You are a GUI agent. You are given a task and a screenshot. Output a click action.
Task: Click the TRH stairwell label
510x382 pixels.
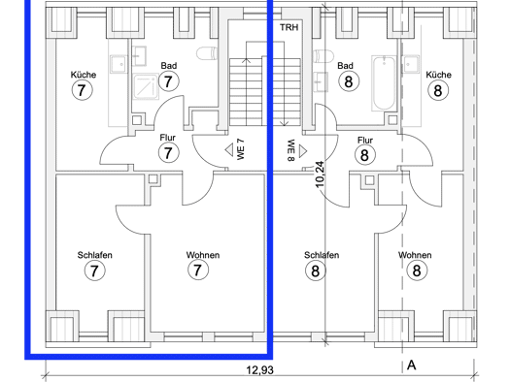pyautogui.click(x=289, y=27)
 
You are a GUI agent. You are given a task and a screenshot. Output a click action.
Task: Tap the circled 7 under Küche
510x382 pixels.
pyautogui.click(x=82, y=90)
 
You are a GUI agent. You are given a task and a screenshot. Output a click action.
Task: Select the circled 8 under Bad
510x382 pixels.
pyautogui.click(x=349, y=81)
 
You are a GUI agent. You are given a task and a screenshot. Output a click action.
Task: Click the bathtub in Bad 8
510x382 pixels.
pyautogui.click(x=384, y=83)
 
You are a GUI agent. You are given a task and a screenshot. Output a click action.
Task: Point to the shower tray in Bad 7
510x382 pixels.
pyautogui.click(x=146, y=86)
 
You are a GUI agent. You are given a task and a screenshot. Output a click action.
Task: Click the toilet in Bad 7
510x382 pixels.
pyautogui.click(x=207, y=53)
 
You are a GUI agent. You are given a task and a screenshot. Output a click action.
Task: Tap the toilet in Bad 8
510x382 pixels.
pyautogui.click(x=323, y=56)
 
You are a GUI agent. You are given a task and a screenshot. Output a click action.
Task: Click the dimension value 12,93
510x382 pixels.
pyautogui.click(x=260, y=369)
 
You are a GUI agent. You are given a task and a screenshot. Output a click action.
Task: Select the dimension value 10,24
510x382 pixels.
pyautogui.click(x=320, y=174)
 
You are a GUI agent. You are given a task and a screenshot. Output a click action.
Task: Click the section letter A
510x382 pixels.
pyautogui.click(x=412, y=366)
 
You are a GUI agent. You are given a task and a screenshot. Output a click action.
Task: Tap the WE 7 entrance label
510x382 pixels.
pyautogui.click(x=240, y=149)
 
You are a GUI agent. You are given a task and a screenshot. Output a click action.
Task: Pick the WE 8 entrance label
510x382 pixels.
pyautogui.click(x=290, y=150)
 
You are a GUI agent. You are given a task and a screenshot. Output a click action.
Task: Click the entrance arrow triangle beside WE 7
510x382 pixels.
pyautogui.click(x=229, y=149)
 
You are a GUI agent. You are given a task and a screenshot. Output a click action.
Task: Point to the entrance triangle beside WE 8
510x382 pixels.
pyautogui.click(x=303, y=151)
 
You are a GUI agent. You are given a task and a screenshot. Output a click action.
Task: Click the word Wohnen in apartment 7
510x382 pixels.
pyautogui.click(x=203, y=255)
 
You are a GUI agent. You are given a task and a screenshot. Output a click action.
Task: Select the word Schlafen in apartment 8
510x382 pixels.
pyautogui.click(x=322, y=255)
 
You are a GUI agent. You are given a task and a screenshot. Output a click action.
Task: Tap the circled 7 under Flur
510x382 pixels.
pyautogui.click(x=168, y=153)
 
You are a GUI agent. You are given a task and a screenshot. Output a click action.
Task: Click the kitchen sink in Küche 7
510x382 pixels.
pyautogui.click(x=118, y=63)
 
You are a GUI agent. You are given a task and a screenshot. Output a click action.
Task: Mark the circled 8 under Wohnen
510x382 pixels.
pyautogui.click(x=417, y=271)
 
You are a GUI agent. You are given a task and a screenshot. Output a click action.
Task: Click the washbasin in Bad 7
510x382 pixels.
pyautogui.click(x=140, y=56)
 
